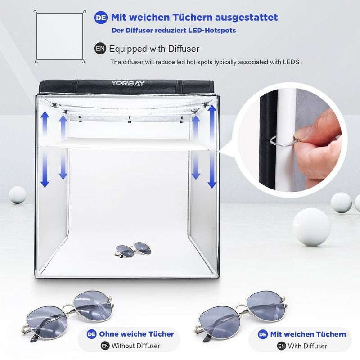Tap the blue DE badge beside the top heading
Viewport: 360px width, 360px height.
tap(100, 18)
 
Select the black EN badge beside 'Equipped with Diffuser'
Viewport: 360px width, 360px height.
tap(100, 49)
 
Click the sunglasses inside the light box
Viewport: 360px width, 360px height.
tap(133, 250)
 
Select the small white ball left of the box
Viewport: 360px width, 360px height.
tap(17, 194)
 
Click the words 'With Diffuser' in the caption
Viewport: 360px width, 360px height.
tap(308, 346)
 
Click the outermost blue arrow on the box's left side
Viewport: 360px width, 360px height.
tap(45, 149)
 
